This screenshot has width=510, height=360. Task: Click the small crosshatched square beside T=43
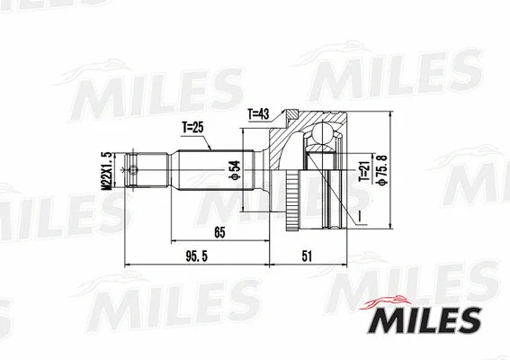click(292, 114)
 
